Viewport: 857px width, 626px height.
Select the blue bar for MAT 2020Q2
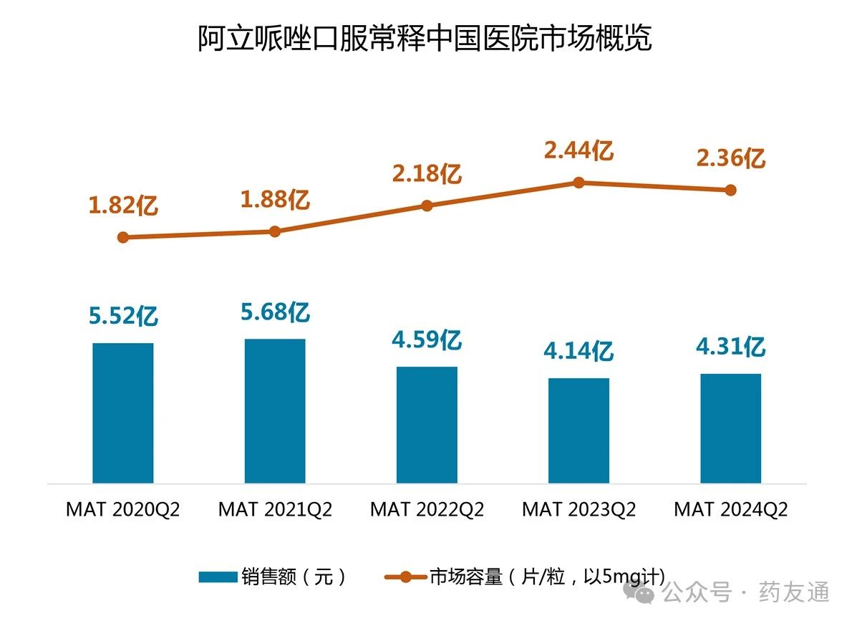(123, 413)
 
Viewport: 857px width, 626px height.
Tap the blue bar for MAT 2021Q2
(275, 411)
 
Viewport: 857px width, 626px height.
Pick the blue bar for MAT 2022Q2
(427, 425)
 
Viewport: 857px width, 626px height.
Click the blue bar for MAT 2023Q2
(578, 430)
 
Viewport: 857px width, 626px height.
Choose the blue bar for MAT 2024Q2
(730, 428)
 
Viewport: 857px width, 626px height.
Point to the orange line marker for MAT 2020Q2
(123, 237)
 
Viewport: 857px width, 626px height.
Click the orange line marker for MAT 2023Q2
(578, 183)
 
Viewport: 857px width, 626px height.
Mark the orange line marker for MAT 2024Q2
(730, 190)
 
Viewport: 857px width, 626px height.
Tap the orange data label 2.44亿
(578, 151)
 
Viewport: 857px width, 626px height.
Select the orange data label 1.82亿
(123, 206)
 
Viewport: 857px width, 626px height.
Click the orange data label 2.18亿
(427, 174)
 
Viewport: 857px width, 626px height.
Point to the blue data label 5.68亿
(275, 312)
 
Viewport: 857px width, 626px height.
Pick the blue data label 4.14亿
(578, 351)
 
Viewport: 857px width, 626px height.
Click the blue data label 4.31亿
(730, 347)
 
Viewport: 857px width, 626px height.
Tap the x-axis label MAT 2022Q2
(427, 509)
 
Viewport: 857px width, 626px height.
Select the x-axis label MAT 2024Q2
(730, 509)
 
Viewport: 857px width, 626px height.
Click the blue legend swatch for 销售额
(217, 577)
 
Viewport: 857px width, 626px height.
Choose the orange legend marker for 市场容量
(405, 577)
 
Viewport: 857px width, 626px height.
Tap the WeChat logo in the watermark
(639, 592)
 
